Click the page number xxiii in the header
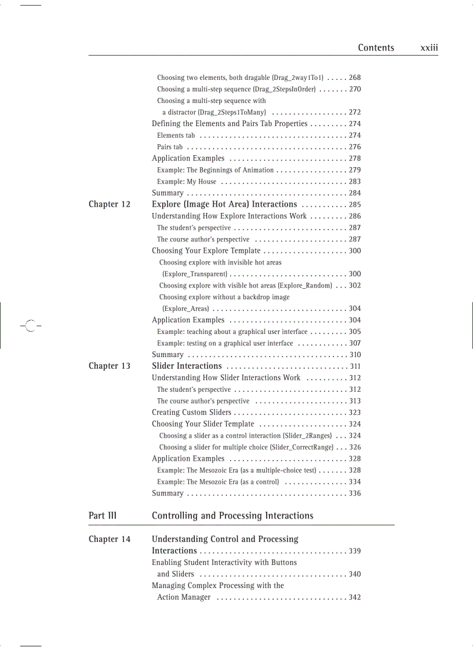click(429, 48)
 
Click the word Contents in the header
click(376, 48)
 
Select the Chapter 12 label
click(110, 204)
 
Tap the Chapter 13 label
click(110, 366)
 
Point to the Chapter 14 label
click(110, 539)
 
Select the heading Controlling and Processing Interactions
click(232, 516)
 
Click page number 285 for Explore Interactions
click(354, 205)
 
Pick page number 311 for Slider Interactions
click(355, 366)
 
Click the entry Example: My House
click(187, 182)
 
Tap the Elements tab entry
click(176, 135)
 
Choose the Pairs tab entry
click(170, 147)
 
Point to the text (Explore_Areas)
click(185, 309)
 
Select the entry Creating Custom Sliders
click(191, 413)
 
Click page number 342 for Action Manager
click(354, 597)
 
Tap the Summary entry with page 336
click(168, 494)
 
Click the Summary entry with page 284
click(168, 193)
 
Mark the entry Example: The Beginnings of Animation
click(215, 170)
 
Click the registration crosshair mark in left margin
click(30, 326)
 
